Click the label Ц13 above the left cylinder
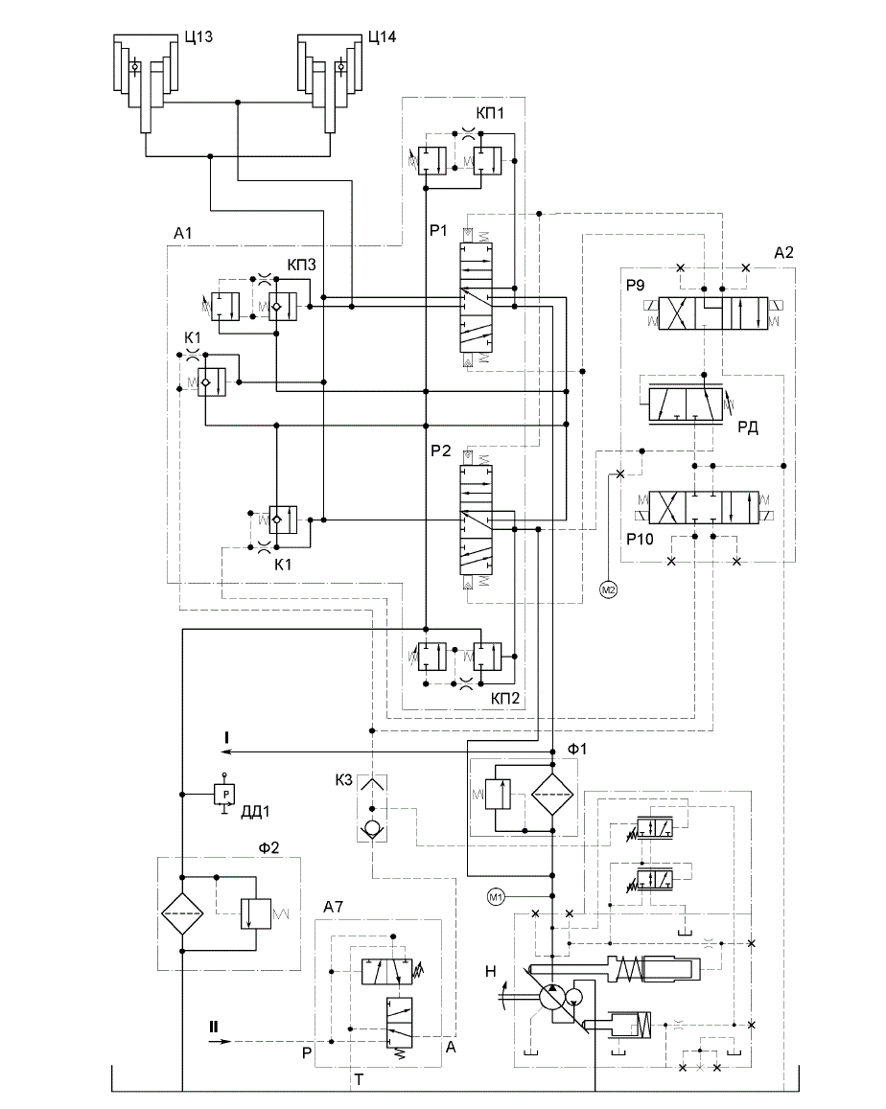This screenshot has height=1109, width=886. coord(198,36)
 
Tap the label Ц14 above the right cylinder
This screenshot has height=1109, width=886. coord(383,36)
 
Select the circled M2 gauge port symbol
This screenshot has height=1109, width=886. coord(609,589)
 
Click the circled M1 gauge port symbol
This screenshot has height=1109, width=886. coord(496,897)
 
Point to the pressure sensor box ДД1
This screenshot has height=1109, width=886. coord(225,795)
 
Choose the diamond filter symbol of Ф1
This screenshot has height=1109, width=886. coord(552,795)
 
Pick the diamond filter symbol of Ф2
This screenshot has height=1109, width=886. coord(182,913)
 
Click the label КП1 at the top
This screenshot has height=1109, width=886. coord(490,113)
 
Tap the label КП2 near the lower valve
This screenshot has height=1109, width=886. coord(505,698)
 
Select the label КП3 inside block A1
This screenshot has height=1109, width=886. coord(301,265)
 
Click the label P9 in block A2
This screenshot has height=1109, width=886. coord(636,285)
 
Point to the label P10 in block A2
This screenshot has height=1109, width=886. coord(640,539)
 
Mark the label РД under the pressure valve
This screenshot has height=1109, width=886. coord(748,427)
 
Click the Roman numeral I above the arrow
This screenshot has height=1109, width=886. coord(226,738)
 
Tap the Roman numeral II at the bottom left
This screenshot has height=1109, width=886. coord(213,1027)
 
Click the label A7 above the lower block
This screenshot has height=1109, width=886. coord(334,907)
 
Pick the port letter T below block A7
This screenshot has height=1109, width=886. coord(359,1079)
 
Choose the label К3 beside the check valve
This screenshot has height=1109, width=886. coord(343,780)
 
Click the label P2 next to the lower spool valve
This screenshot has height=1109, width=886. coord(440,451)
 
